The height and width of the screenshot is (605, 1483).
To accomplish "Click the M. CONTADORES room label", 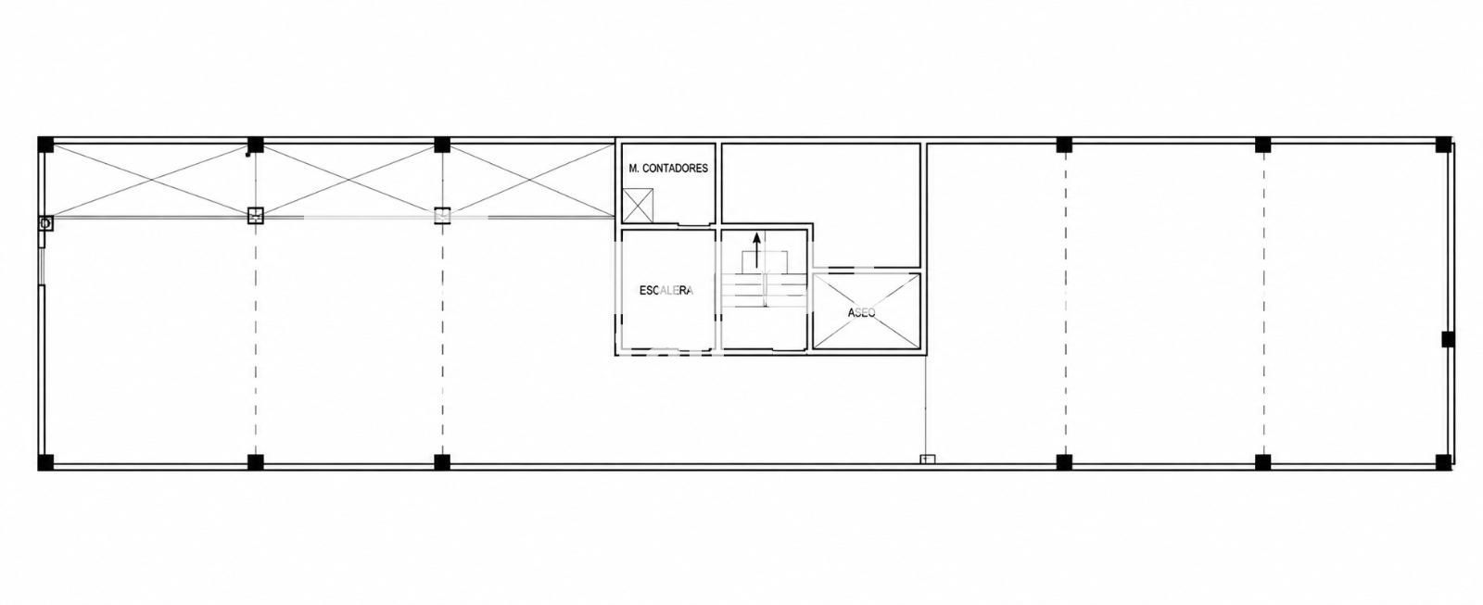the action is (668, 168).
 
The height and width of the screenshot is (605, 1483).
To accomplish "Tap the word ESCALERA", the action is (666, 291).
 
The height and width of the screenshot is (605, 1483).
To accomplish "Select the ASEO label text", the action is (861, 312).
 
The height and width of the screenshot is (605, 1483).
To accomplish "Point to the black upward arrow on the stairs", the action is (756, 249).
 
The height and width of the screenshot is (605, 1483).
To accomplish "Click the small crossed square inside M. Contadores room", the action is (639, 206).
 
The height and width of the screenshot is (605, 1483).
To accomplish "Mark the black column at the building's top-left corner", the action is (45, 145).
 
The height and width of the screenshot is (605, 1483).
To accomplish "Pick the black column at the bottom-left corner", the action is (45, 462).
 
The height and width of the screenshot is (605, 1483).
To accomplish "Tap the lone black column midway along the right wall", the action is (1448, 339).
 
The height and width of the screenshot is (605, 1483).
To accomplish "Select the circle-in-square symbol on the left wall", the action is (45, 223).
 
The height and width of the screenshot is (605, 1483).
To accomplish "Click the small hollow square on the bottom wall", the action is (928, 459).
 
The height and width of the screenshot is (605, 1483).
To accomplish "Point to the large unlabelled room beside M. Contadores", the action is (821, 182).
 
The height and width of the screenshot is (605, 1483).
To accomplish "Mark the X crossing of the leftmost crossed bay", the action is (152, 180).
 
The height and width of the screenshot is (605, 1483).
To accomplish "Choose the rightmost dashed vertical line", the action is (1264, 304).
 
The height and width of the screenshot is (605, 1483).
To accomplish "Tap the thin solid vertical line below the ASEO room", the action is (925, 406).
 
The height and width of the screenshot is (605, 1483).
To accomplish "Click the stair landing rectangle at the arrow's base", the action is (763, 260).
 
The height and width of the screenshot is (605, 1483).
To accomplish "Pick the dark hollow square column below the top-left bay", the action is (256, 215).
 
